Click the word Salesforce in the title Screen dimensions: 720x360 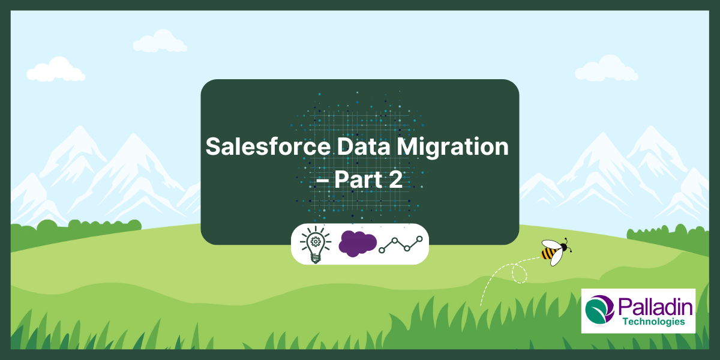268,146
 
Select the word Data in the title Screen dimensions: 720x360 364,146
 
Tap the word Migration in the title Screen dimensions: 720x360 452,148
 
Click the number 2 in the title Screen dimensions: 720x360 395,179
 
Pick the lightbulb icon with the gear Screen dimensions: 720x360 316,244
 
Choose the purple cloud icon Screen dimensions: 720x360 358,244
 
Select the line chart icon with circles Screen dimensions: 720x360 401,244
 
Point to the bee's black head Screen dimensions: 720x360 564,247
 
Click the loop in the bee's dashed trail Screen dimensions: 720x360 519,273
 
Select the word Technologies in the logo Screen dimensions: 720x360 654,322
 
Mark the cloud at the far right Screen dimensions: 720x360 606,68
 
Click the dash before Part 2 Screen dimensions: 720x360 322,182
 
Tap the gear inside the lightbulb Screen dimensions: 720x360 316,241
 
